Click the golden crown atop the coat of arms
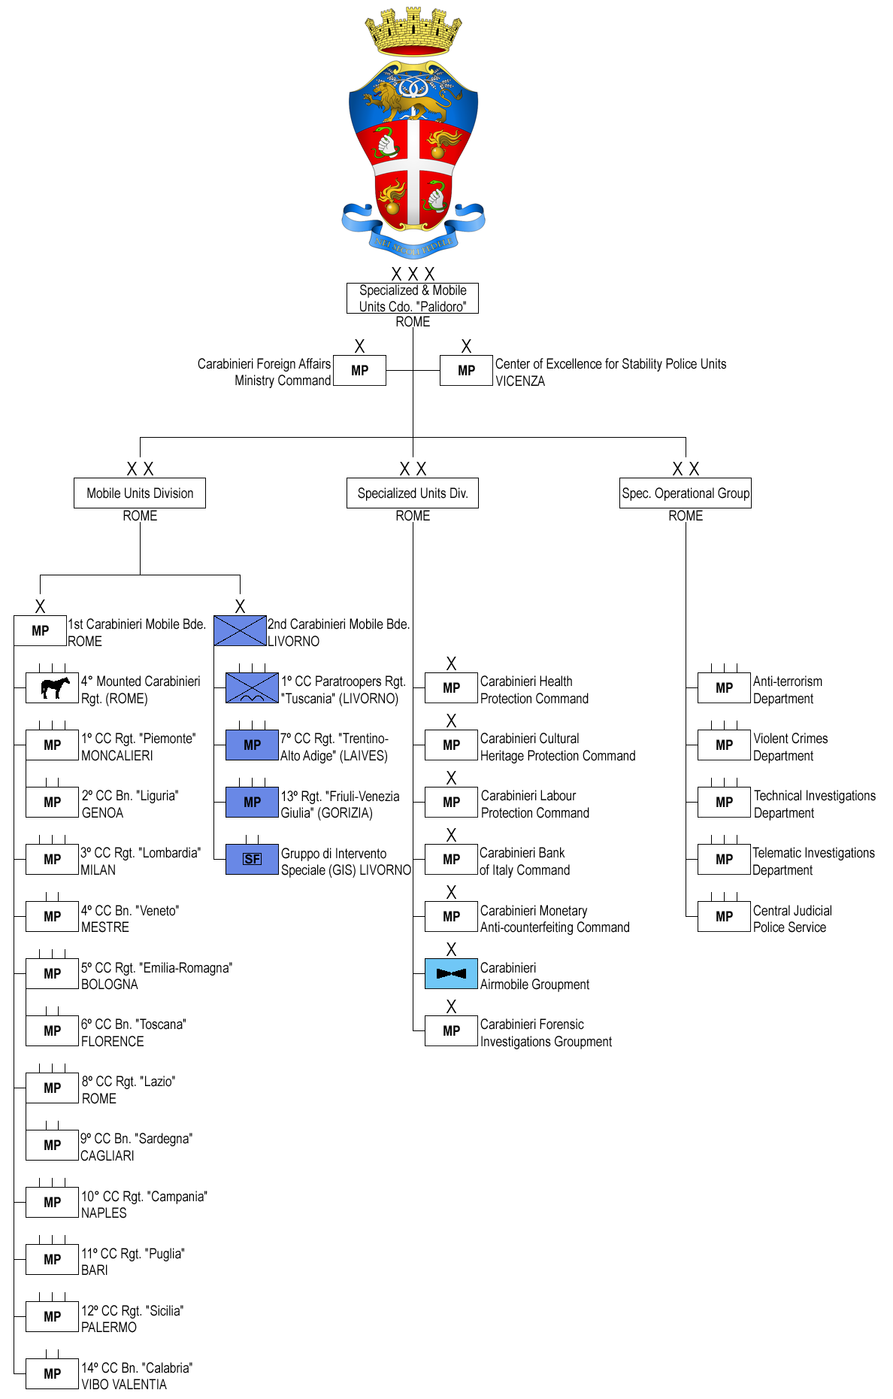[413, 31]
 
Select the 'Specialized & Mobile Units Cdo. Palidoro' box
[413, 298]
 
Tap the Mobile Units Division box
[140, 493]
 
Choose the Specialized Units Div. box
[413, 493]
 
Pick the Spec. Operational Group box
[686, 493]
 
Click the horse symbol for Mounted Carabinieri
[53, 687]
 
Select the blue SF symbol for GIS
[253, 859]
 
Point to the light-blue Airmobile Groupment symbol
[451, 973]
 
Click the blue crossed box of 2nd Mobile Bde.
[240, 630]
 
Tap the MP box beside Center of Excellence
[466, 370]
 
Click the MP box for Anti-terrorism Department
[724, 687]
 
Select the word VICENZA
[520, 381]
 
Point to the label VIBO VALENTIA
[124, 1385]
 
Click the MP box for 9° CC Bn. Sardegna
[53, 1145]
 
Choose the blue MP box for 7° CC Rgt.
[253, 745]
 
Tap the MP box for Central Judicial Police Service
[724, 916]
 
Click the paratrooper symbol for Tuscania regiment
[253, 687]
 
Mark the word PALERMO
[109, 1328]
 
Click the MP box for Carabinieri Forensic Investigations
[451, 1030]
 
